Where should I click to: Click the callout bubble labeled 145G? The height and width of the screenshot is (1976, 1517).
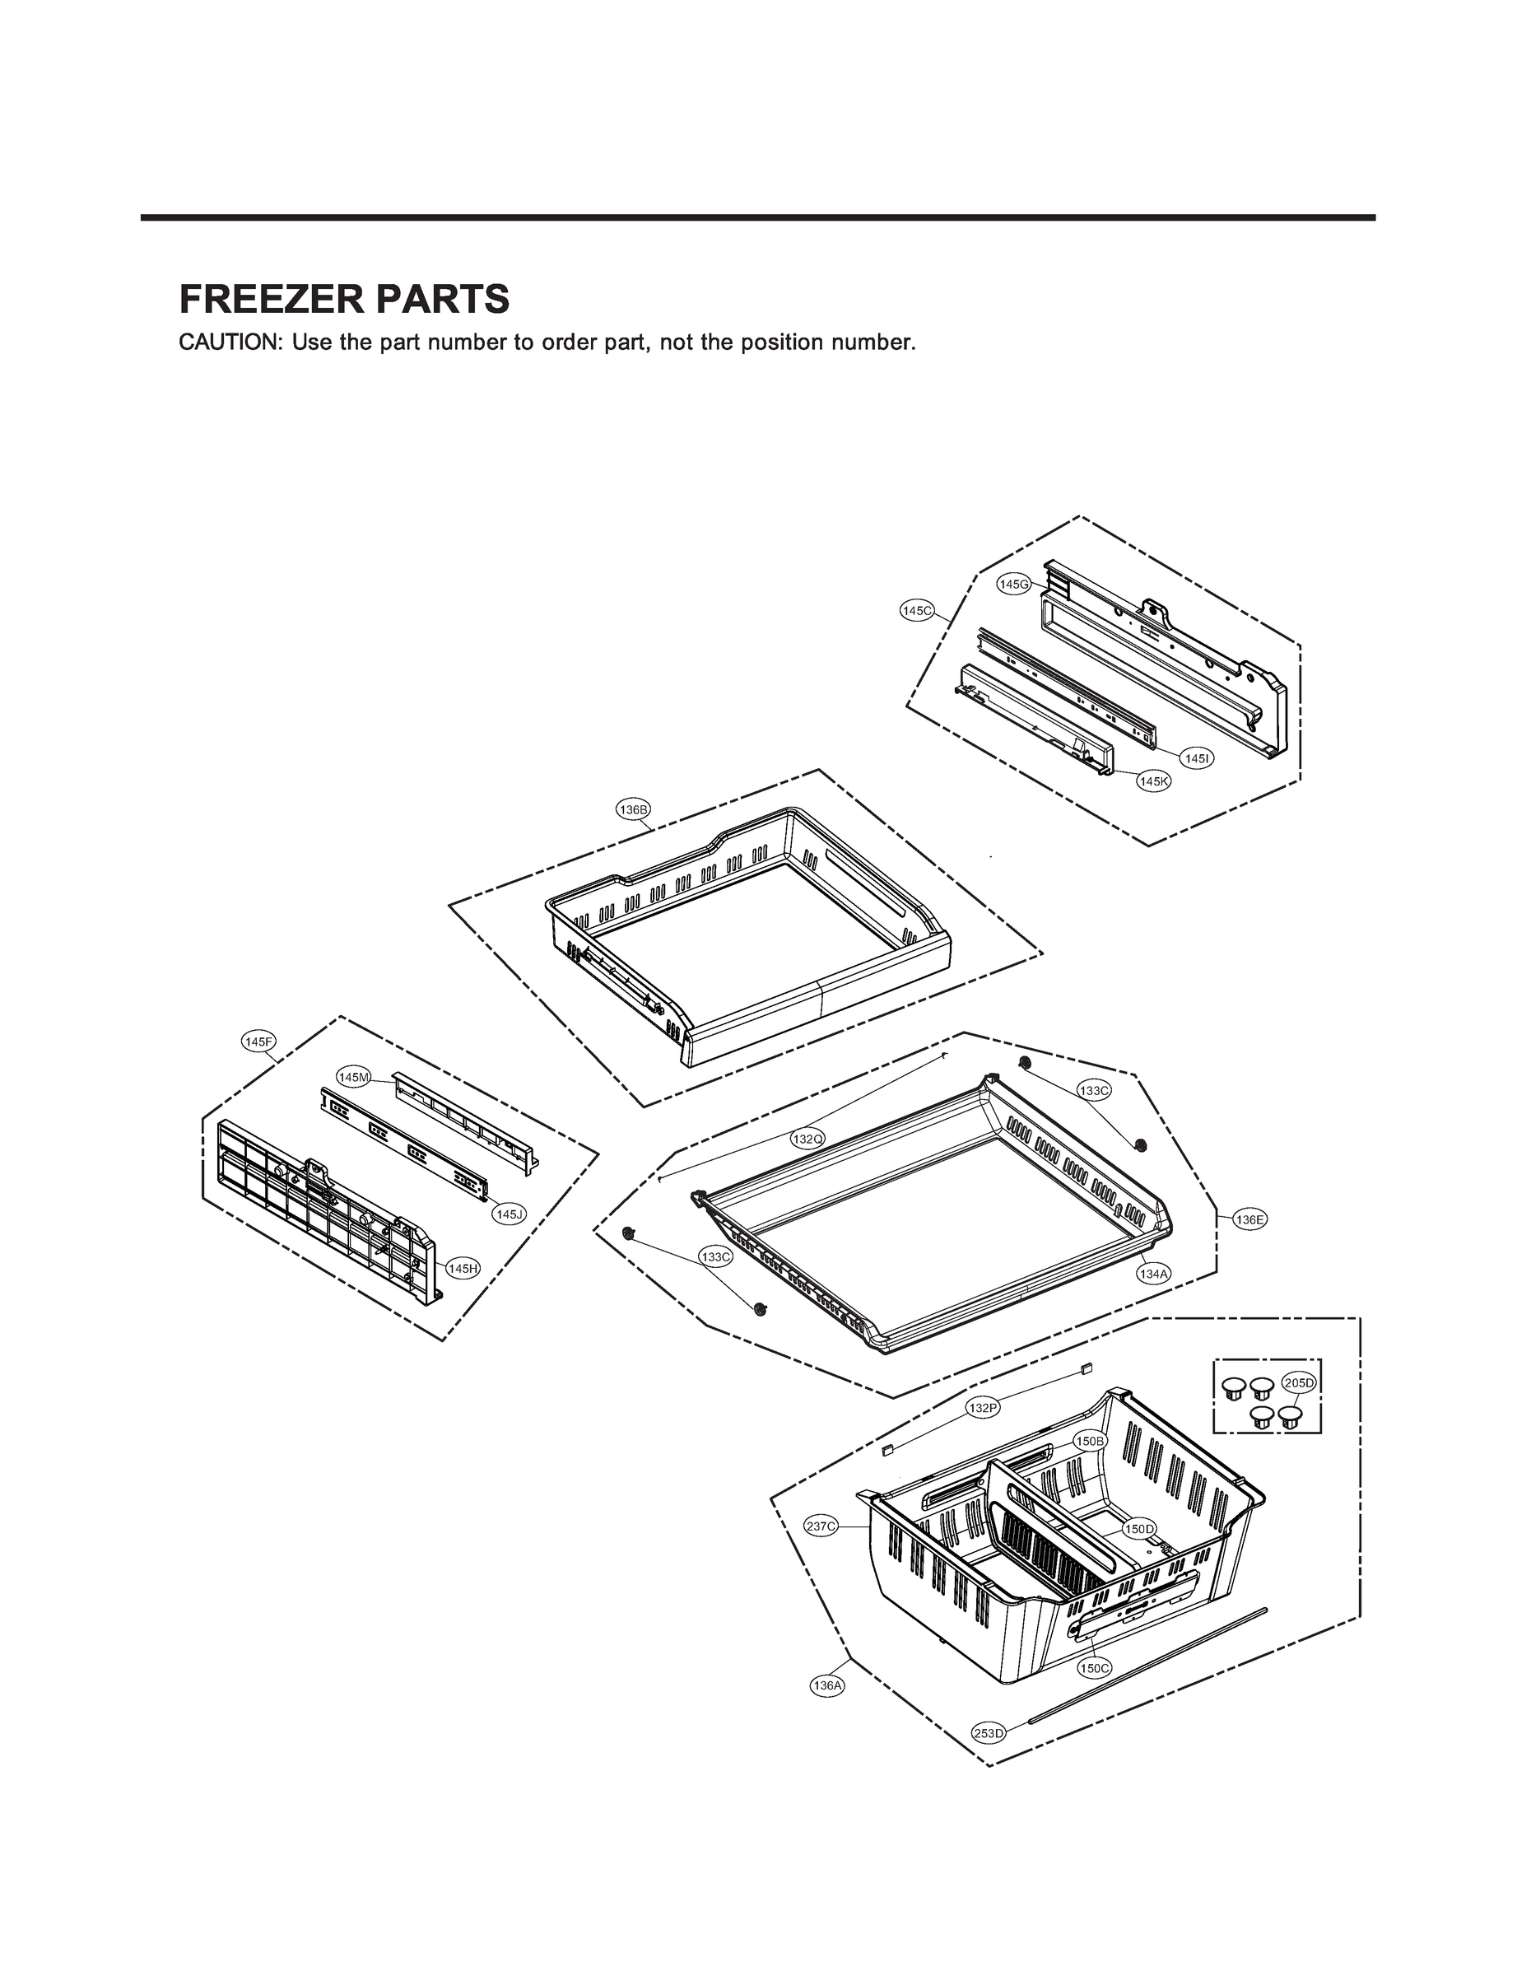[x=1013, y=585]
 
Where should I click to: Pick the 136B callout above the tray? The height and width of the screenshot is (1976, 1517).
[x=633, y=809]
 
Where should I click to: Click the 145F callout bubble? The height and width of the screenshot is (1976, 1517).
[x=259, y=1042]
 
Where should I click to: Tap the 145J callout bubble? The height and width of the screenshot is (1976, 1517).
[x=509, y=1214]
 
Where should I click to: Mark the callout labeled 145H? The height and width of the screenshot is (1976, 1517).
[x=463, y=1268]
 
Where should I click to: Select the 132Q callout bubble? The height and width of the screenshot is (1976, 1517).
[x=807, y=1139]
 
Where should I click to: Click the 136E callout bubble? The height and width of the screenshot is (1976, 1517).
[x=1249, y=1219]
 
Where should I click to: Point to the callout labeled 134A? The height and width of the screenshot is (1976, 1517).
[x=1153, y=1274]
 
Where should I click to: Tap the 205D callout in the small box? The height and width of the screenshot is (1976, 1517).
[x=1300, y=1382]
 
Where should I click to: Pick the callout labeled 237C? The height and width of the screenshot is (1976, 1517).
[x=821, y=1526]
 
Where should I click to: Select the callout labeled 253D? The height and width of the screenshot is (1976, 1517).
[x=988, y=1733]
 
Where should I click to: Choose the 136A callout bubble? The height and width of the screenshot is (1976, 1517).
[x=827, y=1685]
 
